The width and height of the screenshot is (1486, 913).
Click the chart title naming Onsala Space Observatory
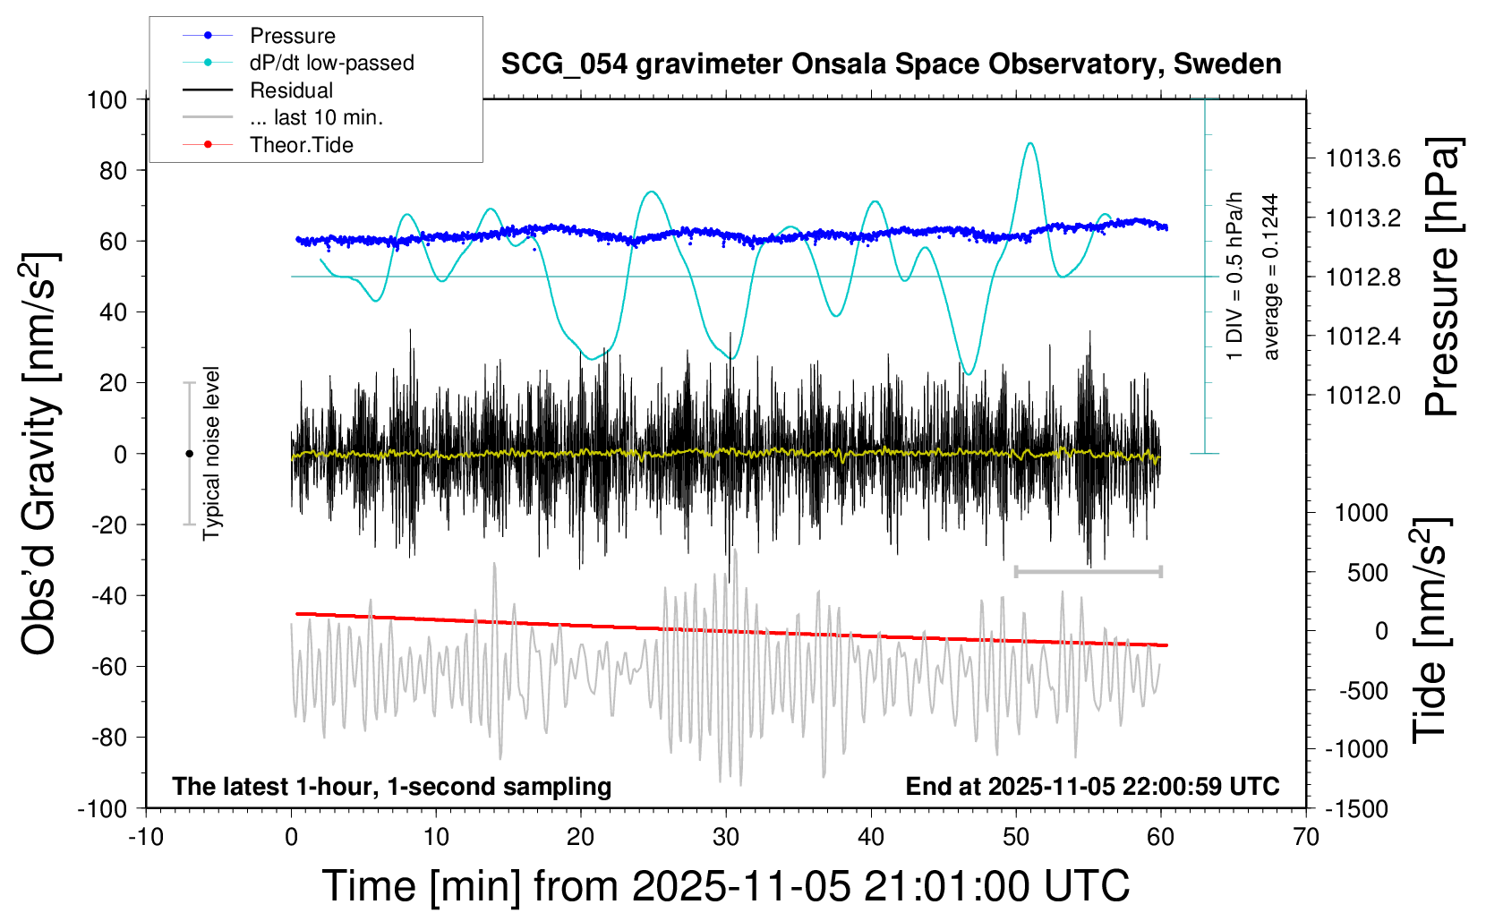[891, 64]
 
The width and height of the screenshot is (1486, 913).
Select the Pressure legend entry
[292, 36]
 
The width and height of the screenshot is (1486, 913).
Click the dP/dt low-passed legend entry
[331, 63]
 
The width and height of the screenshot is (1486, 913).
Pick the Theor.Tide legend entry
[301, 145]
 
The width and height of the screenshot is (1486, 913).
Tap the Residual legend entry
[291, 90]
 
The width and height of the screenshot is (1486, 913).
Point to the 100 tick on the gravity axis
[107, 99]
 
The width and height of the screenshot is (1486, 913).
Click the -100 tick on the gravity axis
[102, 808]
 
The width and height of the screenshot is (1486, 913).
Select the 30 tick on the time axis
[726, 838]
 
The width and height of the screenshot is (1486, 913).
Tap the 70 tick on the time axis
[1306, 838]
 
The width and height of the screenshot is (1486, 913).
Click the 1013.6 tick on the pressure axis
[1362, 158]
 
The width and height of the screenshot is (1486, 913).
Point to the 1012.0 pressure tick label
[1362, 395]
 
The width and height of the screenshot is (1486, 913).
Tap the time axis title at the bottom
[725, 886]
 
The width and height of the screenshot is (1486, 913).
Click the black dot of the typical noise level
[189, 454]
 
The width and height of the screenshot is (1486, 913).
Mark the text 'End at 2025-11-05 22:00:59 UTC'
[1092, 787]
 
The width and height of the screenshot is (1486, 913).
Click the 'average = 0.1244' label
[1271, 277]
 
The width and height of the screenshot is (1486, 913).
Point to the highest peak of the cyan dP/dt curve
[1031, 143]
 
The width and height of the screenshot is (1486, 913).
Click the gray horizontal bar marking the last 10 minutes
[1088, 571]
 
